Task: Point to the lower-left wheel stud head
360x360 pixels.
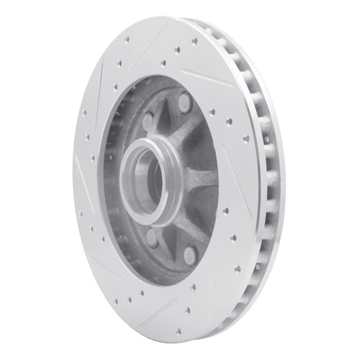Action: coord(151,238)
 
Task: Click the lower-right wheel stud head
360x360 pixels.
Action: coord(189,253)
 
